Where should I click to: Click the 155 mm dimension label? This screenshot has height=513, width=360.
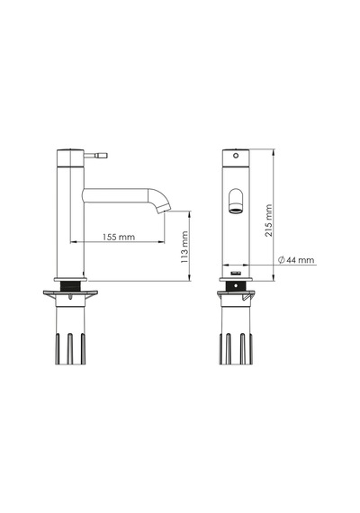119,237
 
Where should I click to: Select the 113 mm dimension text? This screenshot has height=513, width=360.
184,247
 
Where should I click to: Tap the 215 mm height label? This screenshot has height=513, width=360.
269,220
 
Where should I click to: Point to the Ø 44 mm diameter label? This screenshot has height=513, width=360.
296,260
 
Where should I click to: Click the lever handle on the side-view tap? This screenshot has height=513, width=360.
96,155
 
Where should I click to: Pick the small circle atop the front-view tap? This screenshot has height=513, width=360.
236,156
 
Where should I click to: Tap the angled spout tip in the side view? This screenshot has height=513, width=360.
163,208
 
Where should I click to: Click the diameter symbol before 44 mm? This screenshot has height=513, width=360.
282,260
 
